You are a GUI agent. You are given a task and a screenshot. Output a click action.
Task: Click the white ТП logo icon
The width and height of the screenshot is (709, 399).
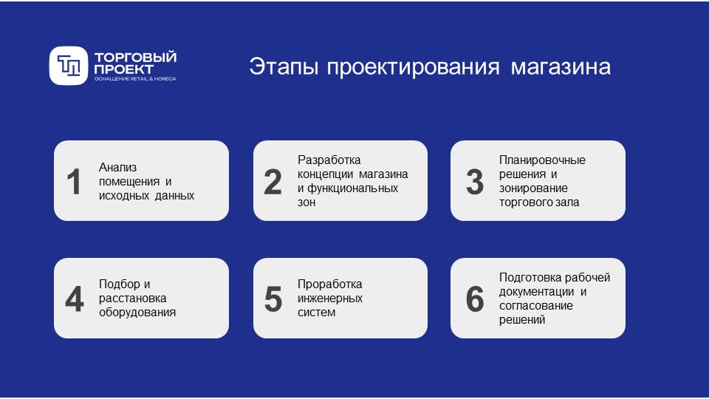69,66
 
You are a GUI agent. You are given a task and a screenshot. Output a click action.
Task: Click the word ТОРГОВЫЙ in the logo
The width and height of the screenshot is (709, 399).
135,57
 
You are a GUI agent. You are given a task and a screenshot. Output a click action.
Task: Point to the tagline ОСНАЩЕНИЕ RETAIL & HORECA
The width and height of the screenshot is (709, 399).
135,78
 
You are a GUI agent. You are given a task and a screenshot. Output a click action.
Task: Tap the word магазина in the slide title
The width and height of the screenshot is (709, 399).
561,66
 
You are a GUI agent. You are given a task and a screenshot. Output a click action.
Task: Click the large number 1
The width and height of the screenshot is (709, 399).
74,183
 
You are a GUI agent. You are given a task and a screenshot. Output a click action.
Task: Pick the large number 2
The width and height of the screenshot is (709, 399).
273,183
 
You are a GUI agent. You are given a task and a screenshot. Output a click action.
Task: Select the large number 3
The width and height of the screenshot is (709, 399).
475,183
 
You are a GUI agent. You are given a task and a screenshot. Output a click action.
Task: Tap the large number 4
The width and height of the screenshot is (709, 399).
74,299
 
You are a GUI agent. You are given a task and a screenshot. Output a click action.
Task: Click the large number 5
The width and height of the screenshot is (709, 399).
273,299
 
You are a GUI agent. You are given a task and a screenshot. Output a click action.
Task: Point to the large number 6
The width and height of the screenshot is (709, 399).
475,299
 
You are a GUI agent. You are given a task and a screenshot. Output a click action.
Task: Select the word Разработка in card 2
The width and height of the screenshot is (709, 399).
329,160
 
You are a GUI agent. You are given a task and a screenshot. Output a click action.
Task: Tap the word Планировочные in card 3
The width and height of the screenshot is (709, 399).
542,160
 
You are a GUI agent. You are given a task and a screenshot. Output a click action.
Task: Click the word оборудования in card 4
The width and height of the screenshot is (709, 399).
137,312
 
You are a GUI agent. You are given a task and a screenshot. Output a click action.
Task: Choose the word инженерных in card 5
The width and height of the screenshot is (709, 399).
330,299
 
